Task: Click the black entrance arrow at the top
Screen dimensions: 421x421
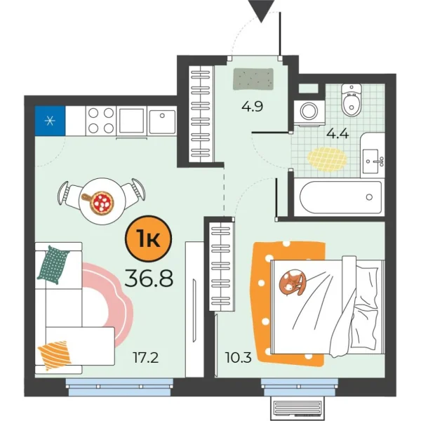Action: coord(262,10)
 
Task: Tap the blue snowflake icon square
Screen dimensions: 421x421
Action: coord(49,119)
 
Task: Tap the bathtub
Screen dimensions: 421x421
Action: coord(340,198)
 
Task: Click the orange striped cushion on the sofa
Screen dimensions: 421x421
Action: coord(55,354)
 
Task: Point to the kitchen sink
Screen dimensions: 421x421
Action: coord(161,121)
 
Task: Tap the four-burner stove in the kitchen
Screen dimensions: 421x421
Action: coord(100,120)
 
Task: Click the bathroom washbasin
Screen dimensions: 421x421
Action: coord(373,161)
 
